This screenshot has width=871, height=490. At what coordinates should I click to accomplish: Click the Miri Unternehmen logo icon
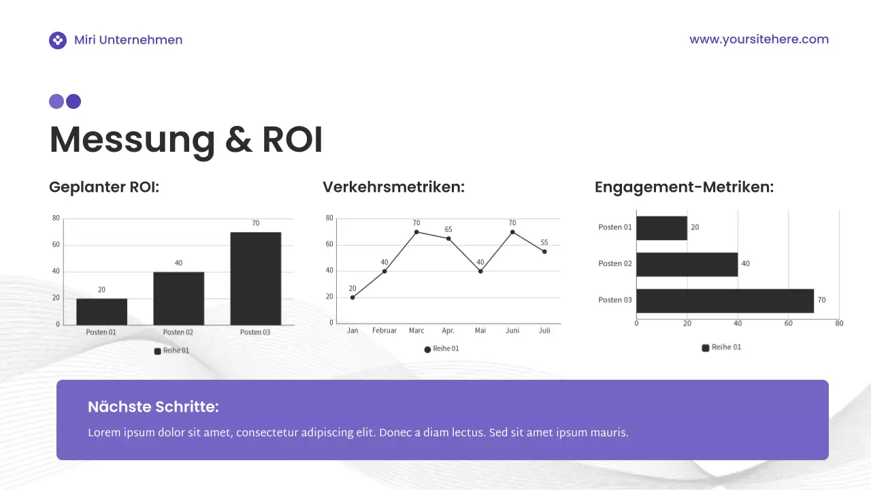pyautogui.click(x=58, y=40)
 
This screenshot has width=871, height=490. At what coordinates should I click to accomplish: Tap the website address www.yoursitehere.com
pyautogui.click(x=759, y=39)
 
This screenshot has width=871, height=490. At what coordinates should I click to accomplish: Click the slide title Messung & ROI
pyautogui.click(x=186, y=140)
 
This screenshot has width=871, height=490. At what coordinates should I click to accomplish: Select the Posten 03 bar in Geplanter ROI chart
pyautogui.click(x=255, y=278)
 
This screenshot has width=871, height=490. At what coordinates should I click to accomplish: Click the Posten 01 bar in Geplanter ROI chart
pyautogui.click(x=101, y=311)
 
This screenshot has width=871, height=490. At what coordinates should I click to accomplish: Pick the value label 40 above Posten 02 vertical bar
pyautogui.click(x=178, y=263)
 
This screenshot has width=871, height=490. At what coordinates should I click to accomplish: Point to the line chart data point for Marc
pyautogui.click(x=416, y=232)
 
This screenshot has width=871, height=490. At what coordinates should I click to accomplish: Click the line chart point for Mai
pyautogui.click(x=480, y=272)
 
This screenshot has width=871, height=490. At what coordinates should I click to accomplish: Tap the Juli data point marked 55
pyautogui.click(x=544, y=252)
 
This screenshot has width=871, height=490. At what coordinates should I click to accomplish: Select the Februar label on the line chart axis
pyautogui.click(x=384, y=331)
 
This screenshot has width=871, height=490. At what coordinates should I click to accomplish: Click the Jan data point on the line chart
pyautogui.click(x=352, y=297)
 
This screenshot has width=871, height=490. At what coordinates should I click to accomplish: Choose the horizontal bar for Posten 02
pyautogui.click(x=687, y=264)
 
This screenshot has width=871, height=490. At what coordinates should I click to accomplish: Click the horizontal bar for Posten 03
pyautogui.click(x=725, y=301)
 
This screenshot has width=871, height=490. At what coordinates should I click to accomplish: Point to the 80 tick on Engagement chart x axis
pyautogui.click(x=839, y=323)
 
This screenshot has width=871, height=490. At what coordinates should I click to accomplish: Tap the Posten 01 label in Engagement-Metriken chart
pyautogui.click(x=615, y=227)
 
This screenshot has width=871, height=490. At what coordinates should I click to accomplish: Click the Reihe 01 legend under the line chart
pyautogui.click(x=442, y=349)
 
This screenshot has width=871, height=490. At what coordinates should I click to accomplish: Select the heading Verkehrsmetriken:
pyautogui.click(x=393, y=187)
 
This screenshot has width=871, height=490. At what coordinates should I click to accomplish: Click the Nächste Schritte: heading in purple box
pyautogui.click(x=153, y=408)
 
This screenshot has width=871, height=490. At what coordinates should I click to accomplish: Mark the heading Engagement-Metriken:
pyautogui.click(x=684, y=187)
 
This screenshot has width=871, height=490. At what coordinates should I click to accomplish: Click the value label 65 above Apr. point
pyautogui.click(x=448, y=230)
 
